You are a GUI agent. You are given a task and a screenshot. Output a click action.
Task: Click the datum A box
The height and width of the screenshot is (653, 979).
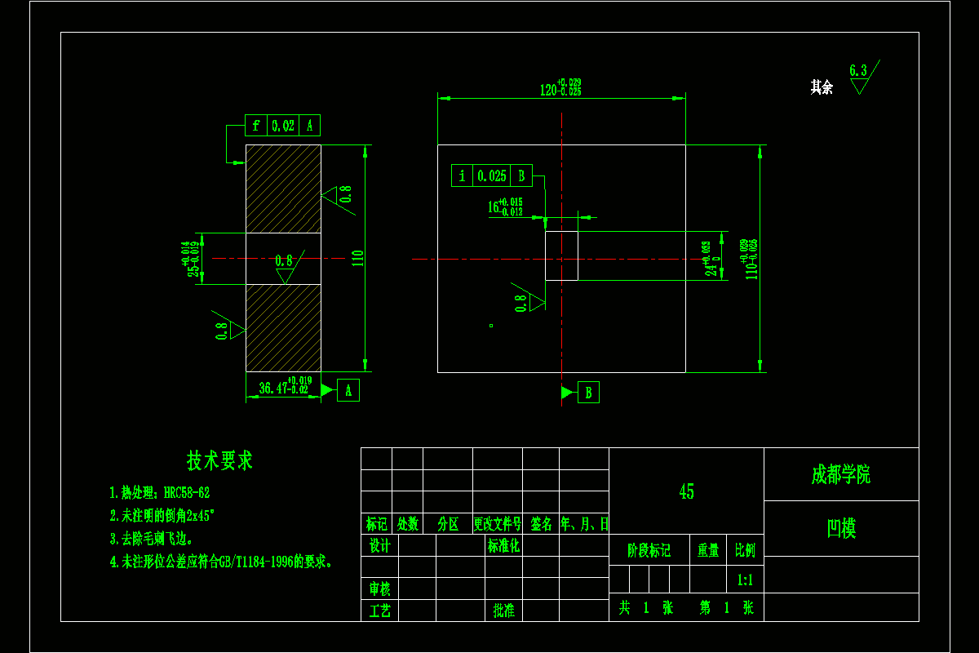(x=348, y=391)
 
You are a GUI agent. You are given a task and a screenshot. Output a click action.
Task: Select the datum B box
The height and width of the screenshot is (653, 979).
(x=588, y=393)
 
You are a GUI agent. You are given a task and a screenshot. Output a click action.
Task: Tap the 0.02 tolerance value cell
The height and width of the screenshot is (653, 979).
(x=283, y=126)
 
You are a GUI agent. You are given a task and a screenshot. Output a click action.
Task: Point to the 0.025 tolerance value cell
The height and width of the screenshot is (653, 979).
(x=492, y=175)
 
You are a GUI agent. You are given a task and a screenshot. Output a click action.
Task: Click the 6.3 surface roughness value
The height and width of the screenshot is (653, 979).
(x=857, y=71)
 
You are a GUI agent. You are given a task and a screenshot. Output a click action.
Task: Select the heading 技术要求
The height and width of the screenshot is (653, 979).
(x=219, y=460)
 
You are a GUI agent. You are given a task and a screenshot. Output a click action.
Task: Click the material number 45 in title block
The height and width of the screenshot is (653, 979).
(x=686, y=491)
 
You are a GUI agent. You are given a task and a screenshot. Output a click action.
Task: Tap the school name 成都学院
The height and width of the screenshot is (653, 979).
(x=840, y=475)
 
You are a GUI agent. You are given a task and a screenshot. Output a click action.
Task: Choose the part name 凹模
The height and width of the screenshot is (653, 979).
(x=841, y=528)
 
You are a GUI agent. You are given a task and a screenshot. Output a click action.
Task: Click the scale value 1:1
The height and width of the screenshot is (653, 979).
(x=745, y=580)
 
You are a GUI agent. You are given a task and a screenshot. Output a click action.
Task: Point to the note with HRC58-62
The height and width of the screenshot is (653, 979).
(x=160, y=493)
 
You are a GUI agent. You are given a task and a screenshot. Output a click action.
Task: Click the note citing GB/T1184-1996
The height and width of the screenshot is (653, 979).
(x=222, y=562)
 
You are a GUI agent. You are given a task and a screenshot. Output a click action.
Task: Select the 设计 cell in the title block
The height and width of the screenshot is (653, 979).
(x=379, y=545)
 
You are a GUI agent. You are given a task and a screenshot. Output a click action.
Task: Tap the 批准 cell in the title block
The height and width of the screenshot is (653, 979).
(x=503, y=610)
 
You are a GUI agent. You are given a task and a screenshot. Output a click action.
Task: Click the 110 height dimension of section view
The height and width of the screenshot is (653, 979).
(x=357, y=259)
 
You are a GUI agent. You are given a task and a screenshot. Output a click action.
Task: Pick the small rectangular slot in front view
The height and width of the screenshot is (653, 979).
(x=561, y=256)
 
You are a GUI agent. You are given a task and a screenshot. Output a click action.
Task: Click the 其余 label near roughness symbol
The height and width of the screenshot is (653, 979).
(x=822, y=87)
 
